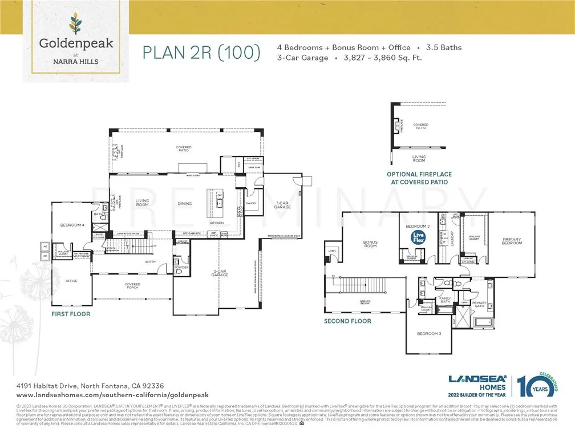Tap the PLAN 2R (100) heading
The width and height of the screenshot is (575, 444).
coord(201,53)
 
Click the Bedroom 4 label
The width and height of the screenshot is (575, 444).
coord(72,225)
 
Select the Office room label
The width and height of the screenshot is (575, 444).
coord(71,281)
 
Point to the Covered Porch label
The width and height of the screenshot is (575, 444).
coord(133,285)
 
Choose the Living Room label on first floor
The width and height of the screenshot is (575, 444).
coord(142,203)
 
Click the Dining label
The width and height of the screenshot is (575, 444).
coord(184,203)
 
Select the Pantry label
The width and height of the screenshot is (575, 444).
coord(251,203)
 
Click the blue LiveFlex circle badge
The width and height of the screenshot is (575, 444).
coord(419,236)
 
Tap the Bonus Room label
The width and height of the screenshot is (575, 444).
coord(371,244)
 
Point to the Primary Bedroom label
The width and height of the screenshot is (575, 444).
coord(512,241)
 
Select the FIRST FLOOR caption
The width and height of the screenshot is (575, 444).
coord(71,314)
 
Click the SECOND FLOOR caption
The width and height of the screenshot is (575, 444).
coord(347,321)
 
